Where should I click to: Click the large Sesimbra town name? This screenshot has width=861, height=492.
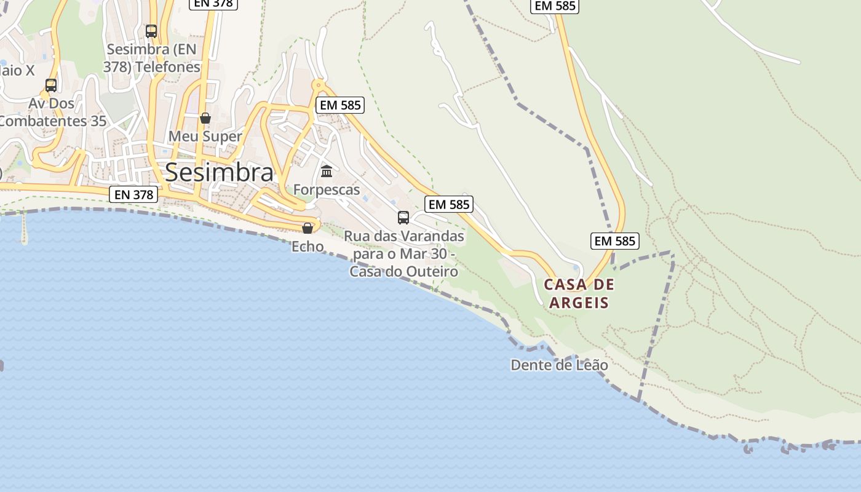click(219, 172)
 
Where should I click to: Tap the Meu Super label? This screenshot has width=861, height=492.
click(205, 136)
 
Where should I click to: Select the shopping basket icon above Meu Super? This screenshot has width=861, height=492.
click(205, 117)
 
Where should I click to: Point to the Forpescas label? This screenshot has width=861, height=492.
click(327, 189)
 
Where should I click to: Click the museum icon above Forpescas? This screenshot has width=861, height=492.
click(327, 170)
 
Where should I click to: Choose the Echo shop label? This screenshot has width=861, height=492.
click(307, 246)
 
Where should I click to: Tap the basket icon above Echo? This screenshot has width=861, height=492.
click(307, 228)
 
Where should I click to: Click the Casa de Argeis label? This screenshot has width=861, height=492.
click(579, 293)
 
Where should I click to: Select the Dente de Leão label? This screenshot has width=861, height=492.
click(559, 365)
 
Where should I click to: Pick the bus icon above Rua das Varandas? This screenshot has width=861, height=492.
click(403, 217)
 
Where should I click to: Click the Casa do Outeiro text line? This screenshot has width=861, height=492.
click(403, 271)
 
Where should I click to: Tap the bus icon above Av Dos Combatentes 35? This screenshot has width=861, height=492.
click(51, 85)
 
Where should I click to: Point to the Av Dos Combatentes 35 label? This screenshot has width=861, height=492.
click(53, 112)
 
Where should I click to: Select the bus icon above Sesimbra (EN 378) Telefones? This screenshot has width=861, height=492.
click(151, 31)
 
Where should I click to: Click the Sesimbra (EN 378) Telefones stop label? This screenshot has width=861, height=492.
click(152, 58)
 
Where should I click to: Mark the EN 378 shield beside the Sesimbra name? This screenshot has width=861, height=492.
click(134, 195)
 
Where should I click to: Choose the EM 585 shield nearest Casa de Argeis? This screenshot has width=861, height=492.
click(615, 241)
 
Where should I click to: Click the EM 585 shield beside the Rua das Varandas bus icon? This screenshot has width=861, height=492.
click(449, 204)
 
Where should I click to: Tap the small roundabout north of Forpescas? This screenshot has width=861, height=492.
click(318, 85)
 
